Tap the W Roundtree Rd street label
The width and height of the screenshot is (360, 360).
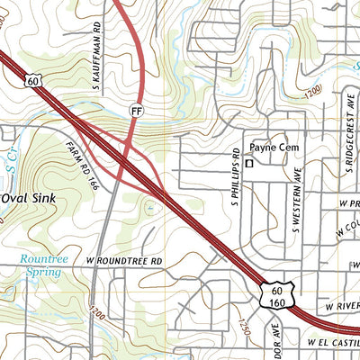pyautogui.click(x=125, y=261)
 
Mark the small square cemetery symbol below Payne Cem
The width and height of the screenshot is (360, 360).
pyautogui.click(x=251, y=163)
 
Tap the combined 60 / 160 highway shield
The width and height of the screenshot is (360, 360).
pyautogui.click(x=277, y=295)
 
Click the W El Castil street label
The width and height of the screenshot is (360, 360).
pyautogui.click(x=332, y=343)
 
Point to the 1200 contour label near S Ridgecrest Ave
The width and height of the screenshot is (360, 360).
pyautogui.click(x=312, y=94)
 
